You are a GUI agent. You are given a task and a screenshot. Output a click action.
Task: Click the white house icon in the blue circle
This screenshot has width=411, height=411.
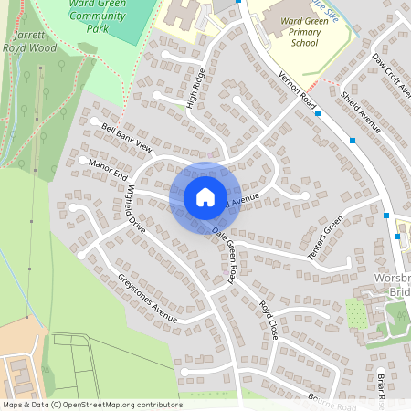(x=205, y=196)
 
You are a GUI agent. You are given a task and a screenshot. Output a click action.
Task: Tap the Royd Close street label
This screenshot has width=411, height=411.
(x=268, y=320)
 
